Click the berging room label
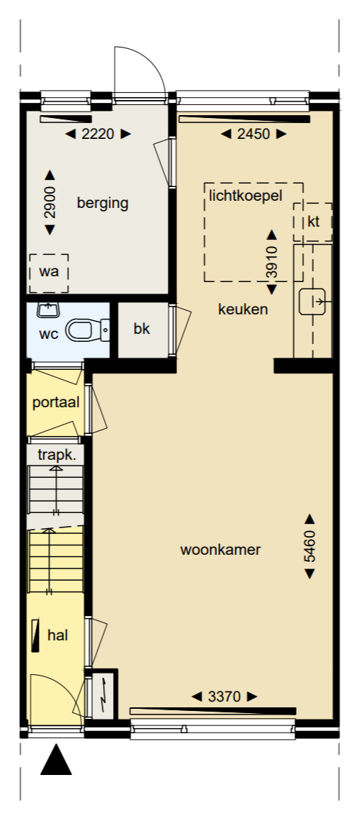(102, 203)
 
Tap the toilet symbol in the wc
(85, 330)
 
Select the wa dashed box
(48, 273)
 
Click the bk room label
(141, 329)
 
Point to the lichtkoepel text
(246, 195)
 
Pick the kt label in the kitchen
(313, 221)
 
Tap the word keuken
(243, 310)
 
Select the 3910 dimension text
(272, 262)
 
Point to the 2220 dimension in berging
(97, 133)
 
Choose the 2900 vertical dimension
(50, 203)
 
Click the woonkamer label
(220, 550)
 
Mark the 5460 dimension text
(310, 546)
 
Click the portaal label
(55, 402)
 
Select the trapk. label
(56, 455)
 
